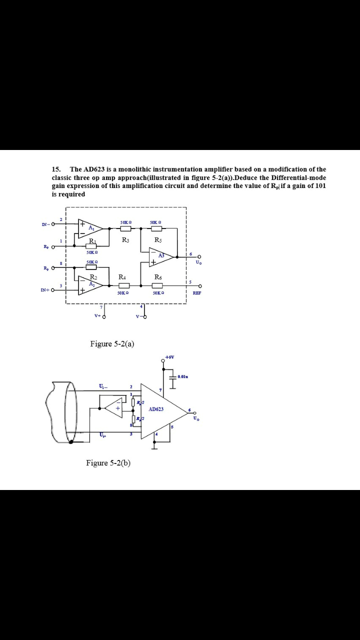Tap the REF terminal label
click(x=197, y=293)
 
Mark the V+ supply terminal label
click(x=97, y=316)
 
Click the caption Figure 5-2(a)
click(x=112, y=343)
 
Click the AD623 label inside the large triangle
click(x=156, y=409)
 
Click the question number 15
click(x=56, y=169)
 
